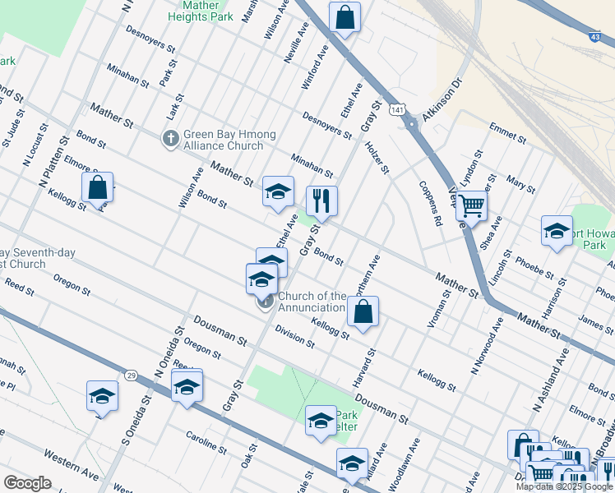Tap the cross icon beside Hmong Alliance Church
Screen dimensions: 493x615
[171, 140]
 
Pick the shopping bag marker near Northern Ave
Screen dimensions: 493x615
[363, 312]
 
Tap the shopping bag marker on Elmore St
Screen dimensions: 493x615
[98, 187]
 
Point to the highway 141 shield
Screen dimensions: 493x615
[397, 109]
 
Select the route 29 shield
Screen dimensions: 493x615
[131, 375]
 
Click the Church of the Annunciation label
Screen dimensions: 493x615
[312, 302]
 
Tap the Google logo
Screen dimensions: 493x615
[27, 483]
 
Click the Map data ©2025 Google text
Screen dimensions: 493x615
[564, 486]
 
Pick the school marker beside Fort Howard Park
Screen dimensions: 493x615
[557, 231]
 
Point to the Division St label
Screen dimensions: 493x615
[295, 337]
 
